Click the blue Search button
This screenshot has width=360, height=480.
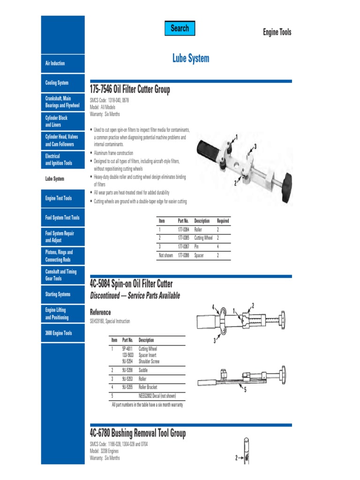pos(180,29)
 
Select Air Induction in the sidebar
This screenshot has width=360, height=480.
pos(55,63)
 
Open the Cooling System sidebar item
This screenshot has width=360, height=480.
pos(57,83)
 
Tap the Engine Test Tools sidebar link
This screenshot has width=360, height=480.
pos(59,198)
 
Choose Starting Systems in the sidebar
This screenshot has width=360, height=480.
pos(58,294)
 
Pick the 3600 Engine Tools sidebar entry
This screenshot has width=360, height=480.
pos(59,333)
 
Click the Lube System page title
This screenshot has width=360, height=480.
pos(191,59)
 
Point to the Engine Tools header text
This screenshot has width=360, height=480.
pos(277,32)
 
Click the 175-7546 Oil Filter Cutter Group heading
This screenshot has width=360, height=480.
pos(130,89)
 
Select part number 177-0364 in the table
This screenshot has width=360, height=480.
pos(183,230)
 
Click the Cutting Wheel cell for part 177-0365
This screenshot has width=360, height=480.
pos(203,238)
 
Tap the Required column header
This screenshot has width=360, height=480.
pos(223,221)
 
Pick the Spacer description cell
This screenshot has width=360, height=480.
pos(199,255)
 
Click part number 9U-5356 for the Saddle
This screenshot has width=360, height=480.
pos(127,370)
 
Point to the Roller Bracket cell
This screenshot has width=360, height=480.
pos(148,387)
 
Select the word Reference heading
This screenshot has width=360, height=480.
pos(100,312)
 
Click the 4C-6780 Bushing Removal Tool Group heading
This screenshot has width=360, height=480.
pos(137,434)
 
